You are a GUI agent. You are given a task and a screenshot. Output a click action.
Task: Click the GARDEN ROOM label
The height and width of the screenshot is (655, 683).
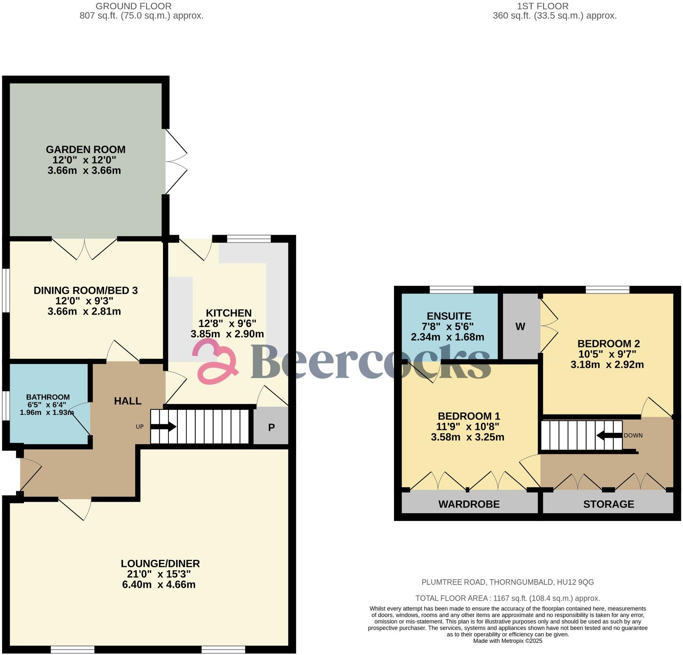click(x=85, y=150)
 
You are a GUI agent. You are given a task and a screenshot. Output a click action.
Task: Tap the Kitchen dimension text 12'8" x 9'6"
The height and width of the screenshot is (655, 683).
click(x=227, y=324)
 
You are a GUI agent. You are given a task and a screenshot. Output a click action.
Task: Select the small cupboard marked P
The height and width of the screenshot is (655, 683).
click(x=271, y=427)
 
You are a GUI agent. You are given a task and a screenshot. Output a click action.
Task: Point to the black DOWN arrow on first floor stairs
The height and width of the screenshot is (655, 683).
click(x=609, y=435)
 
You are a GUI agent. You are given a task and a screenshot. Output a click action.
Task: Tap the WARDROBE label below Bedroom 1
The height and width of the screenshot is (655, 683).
click(x=469, y=504)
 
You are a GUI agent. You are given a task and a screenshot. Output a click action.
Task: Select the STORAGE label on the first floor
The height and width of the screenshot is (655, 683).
click(x=608, y=504)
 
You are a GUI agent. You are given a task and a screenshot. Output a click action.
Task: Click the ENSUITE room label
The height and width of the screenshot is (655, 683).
click(x=449, y=316)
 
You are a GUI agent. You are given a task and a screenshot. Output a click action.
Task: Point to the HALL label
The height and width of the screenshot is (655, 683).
click(x=128, y=401)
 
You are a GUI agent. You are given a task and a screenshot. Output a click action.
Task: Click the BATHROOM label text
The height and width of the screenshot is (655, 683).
click(x=48, y=397)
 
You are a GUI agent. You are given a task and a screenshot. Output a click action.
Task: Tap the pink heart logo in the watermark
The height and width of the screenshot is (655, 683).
click(x=216, y=361)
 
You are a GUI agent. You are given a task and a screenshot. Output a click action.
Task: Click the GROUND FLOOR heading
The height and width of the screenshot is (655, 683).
click(x=134, y=6)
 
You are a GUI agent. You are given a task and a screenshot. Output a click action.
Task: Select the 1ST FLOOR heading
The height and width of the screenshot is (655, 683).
click(x=542, y=6)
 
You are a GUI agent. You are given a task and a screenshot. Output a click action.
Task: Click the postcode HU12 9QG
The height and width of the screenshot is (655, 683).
click(x=575, y=582)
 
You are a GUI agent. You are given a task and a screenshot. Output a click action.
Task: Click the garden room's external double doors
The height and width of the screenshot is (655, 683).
click(x=175, y=161)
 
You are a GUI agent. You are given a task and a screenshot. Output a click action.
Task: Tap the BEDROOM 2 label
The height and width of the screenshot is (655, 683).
click(x=608, y=344)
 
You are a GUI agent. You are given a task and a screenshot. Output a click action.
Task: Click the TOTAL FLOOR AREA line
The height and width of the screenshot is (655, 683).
click(x=508, y=598)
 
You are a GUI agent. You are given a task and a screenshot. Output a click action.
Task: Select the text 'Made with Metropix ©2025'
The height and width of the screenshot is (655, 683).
click(x=508, y=641)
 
